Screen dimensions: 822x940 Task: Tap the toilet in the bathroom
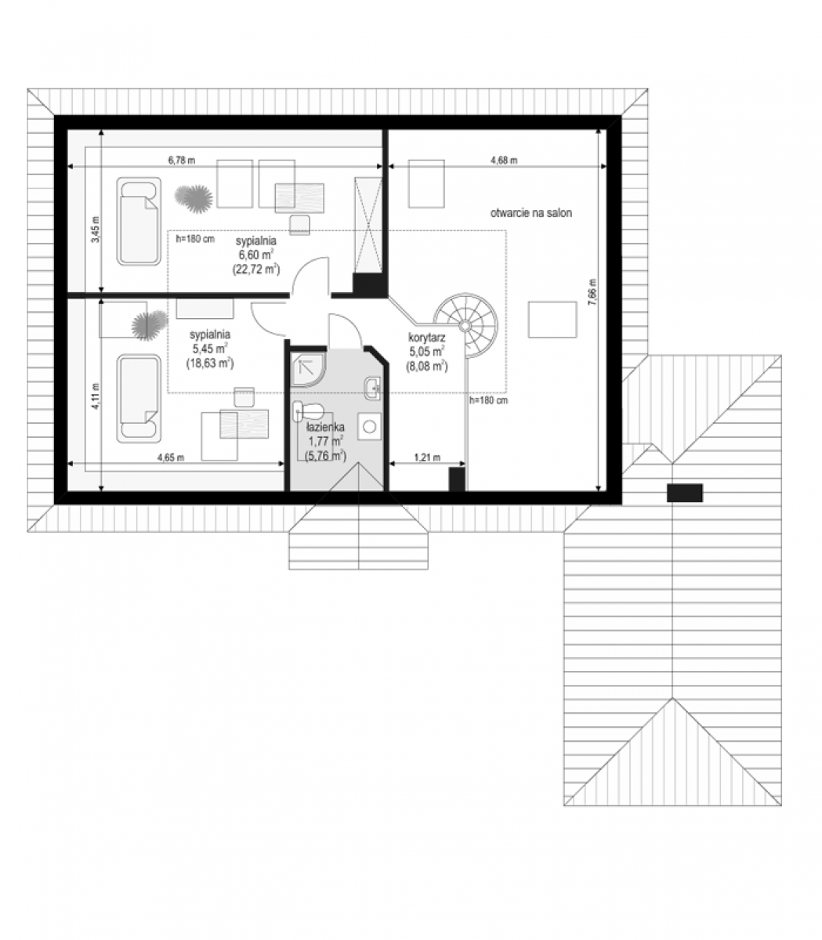point(308,410)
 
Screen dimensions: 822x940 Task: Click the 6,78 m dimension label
point(182,161)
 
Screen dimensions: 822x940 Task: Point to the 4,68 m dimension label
point(504,161)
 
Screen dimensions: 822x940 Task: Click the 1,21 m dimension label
point(427,457)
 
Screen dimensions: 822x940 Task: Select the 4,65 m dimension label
point(171,457)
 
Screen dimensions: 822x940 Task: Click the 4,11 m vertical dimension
point(95,396)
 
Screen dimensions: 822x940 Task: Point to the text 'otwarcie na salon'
point(531,213)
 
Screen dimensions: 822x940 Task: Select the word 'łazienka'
point(325,427)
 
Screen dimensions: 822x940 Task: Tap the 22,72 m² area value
point(256,269)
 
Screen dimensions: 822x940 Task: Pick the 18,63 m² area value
point(210,363)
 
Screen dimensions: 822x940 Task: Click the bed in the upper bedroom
point(139,222)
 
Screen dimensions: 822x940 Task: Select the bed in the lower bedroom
point(139,399)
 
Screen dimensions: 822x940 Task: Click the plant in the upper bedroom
point(194,198)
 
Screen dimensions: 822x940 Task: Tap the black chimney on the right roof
point(685,493)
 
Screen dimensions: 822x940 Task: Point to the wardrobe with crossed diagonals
point(368,225)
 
